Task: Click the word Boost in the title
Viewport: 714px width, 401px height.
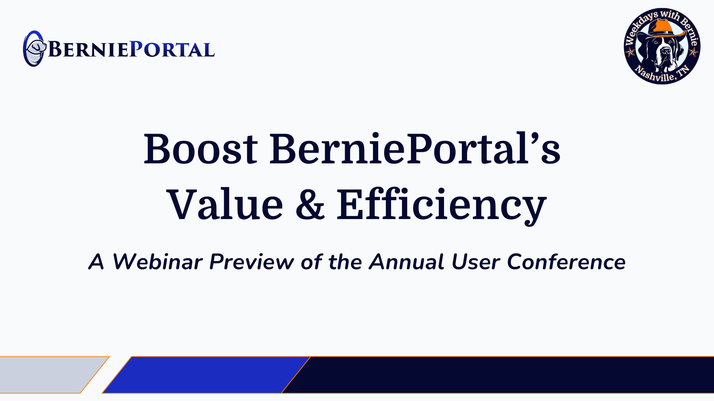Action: [201, 149]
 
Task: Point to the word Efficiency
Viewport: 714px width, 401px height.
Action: [442, 206]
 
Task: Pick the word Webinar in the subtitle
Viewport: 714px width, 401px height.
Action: [158, 262]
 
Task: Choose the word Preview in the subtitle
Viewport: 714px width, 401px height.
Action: [252, 262]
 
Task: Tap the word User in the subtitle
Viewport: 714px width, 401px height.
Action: [476, 262]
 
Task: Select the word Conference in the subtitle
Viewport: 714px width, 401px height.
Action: [566, 262]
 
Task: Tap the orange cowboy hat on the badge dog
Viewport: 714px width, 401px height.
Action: [662, 28]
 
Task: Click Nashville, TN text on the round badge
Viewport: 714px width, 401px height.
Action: [662, 74]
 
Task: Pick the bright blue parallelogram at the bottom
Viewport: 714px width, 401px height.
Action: [206, 375]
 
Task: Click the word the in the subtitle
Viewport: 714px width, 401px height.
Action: [345, 262]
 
